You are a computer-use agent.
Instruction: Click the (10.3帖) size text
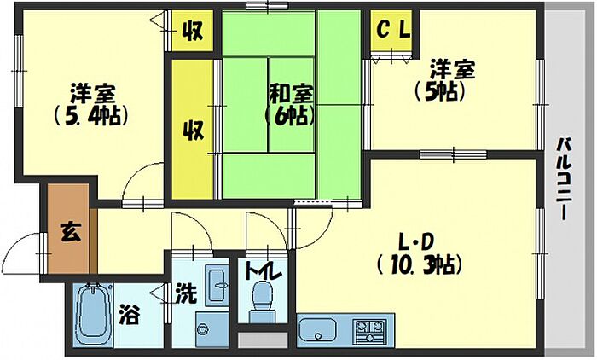point(418,264)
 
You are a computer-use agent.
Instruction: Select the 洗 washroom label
point(186,294)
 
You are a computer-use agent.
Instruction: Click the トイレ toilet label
point(264,272)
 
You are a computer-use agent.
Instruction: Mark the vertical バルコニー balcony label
point(565,179)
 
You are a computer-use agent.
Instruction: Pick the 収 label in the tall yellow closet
point(194,131)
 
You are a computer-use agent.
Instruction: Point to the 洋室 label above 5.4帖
point(88,92)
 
